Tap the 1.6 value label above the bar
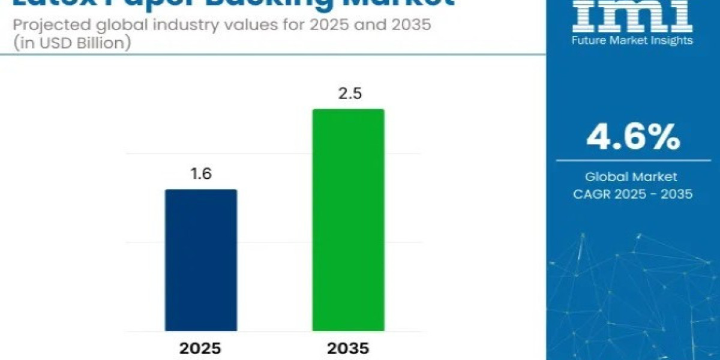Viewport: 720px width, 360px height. point(201,175)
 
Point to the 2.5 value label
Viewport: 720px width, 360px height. point(347,94)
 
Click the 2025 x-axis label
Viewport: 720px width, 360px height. point(201,349)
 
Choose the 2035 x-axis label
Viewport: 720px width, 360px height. point(347,349)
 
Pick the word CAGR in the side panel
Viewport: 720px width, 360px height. point(594,194)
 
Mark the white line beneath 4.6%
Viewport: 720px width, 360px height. point(634,160)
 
